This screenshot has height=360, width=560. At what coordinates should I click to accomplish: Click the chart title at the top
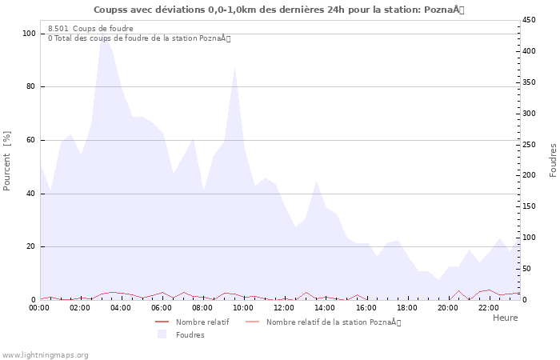[278, 10]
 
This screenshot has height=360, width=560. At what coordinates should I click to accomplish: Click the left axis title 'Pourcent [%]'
[7, 160]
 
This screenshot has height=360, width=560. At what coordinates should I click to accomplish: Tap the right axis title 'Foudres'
[553, 160]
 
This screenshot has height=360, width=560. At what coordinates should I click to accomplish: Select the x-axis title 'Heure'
[505, 318]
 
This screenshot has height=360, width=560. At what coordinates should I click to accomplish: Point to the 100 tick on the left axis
[29, 34]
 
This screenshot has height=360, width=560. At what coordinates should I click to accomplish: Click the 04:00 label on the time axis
[122, 307]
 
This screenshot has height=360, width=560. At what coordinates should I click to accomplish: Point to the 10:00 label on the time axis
[244, 307]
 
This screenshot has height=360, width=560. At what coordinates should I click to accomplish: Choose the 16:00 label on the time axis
[366, 307]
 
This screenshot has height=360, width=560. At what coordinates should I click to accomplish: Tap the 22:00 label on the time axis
[489, 307]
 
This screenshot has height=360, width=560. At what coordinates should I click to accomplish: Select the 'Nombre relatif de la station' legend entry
[333, 322]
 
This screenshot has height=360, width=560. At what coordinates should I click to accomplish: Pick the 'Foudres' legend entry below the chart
[190, 334]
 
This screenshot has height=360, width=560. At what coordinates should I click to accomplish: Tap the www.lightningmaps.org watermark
[45, 354]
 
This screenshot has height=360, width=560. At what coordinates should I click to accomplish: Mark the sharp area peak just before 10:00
[234, 67]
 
